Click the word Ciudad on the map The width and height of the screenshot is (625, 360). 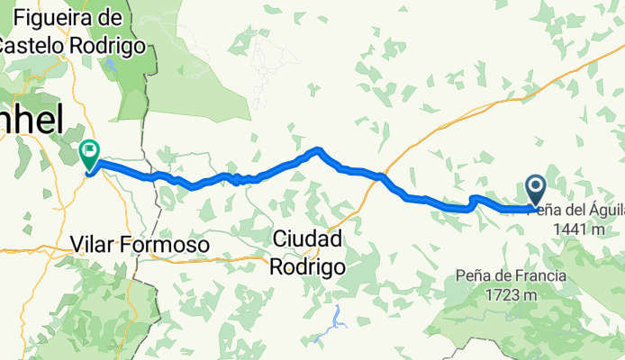point(307,240)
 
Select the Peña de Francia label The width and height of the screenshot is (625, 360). point(511,275)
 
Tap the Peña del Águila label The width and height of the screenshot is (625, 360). point(581,210)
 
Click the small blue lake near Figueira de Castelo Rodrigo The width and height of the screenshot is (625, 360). point(111,66)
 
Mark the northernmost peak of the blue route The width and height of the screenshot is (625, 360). point(318,149)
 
